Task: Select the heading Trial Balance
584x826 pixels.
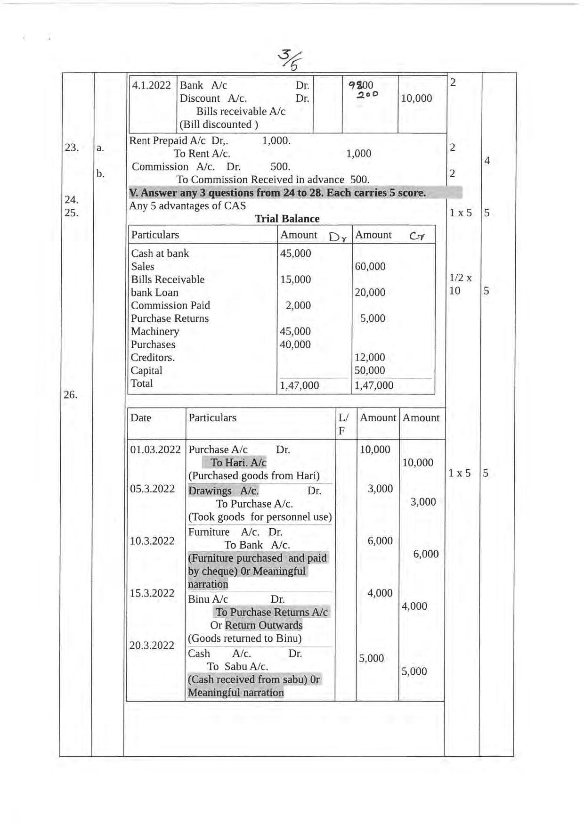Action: [287, 219]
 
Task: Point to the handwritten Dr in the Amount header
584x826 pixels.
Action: [338, 237]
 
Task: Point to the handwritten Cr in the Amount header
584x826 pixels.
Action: [416, 237]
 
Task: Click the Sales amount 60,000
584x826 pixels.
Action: [370, 267]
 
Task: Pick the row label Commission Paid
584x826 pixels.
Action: [170, 305]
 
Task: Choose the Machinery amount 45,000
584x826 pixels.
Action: [295, 331]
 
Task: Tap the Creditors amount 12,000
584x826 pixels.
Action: [370, 358]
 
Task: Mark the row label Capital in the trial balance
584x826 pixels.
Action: [146, 370]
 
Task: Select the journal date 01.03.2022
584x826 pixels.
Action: [155, 450]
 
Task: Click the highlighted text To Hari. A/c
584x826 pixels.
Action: [238, 463]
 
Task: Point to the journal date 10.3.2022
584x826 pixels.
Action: [152, 541]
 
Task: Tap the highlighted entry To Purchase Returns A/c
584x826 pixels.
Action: [271, 612]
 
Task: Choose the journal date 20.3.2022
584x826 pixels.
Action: [152, 645]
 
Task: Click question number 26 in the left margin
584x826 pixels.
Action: [70, 395]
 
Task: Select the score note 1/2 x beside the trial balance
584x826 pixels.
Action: [460, 278]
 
